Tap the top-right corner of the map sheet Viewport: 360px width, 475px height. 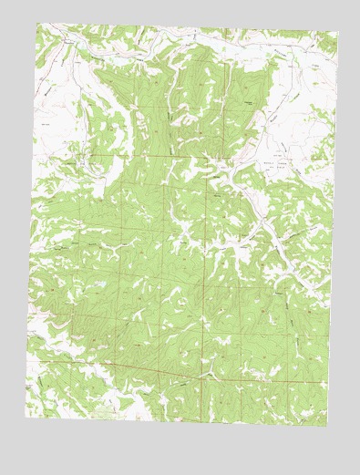(x=337, y=34)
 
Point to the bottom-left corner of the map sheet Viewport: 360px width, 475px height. (x=26, y=418)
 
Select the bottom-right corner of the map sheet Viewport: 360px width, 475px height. (x=326, y=427)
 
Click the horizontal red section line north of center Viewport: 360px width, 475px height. (x=182, y=156)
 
